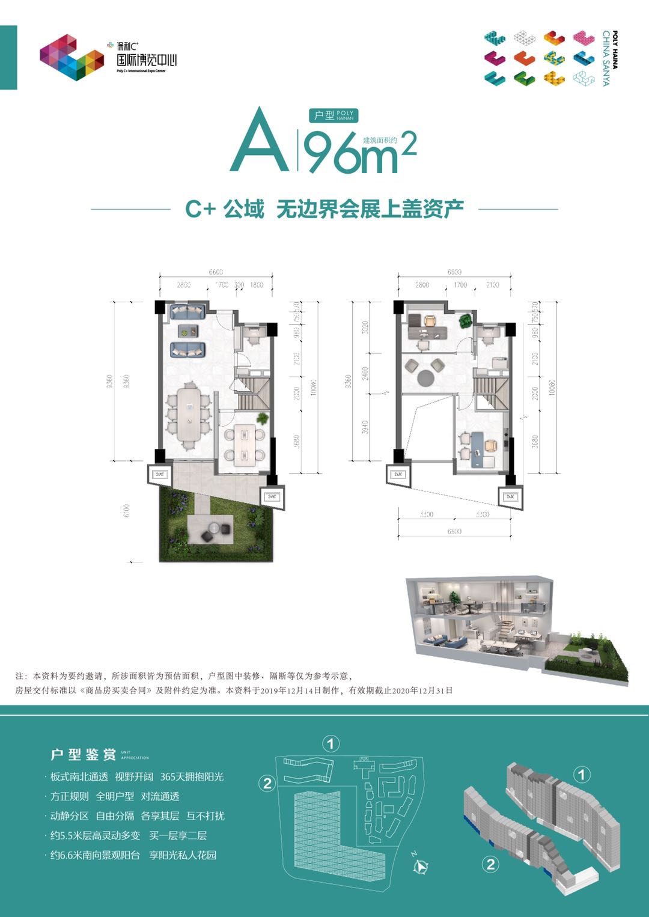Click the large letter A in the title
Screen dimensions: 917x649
click(x=259, y=142)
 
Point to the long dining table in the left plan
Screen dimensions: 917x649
click(x=189, y=415)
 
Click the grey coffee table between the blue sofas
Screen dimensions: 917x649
click(x=188, y=331)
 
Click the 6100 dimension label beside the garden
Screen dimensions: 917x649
click(x=127, y=511)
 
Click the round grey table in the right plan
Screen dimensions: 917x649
click(x=426, y=377)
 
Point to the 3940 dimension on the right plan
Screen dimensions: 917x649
click(x=365, y=427)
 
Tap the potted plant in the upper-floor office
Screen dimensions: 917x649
click(x=466, y=321)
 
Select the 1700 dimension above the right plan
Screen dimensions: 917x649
click(x=460, y=285)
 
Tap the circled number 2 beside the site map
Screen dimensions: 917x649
click(x=267, y=783)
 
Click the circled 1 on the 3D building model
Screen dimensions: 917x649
click(x=581, y=774)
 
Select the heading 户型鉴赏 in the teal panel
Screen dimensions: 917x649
click(x=83, y=755)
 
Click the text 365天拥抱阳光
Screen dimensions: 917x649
click(x=192, y=777)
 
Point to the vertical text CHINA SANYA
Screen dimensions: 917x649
click(x=606, y=58)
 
